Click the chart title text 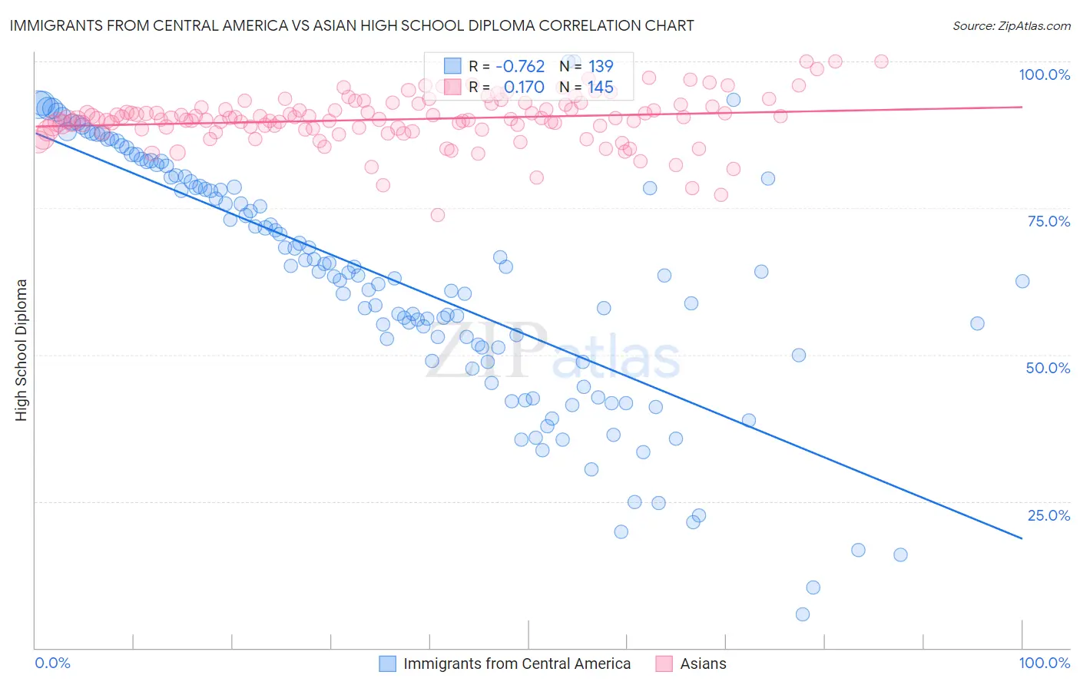click(x=352, y=25)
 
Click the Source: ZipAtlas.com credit click(x=1011, y=25)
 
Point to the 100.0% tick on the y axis click(x=1044, y=74)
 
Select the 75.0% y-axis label click(x=1049, y=221)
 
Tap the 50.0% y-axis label click(x=1048, y=368)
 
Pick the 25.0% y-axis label click(x=1049, y=515)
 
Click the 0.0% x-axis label click(x=52, y=663)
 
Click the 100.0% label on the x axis click(x=1044, y=663)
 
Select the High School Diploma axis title click(x=22, y=349)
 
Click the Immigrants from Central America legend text click(x=517, y=663)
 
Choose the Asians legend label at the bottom click(x=703, y=663)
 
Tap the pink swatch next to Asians click(x=664, y=663)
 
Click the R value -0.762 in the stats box click(x=520, y=66)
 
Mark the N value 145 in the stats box click(x=601, y=87)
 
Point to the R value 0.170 click(x=524, y=87)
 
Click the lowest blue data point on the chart click(x=803, y=614)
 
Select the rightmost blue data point click(x=1022, y=281)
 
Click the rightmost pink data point click(x=881, y=61)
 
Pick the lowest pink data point click(x=438, y=215)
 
